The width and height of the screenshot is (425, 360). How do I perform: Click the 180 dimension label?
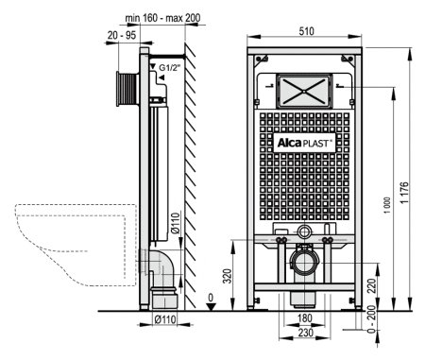(303, 321)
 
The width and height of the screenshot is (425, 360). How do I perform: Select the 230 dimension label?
(303, 333)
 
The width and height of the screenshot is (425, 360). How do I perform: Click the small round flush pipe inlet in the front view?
(303, 232)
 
